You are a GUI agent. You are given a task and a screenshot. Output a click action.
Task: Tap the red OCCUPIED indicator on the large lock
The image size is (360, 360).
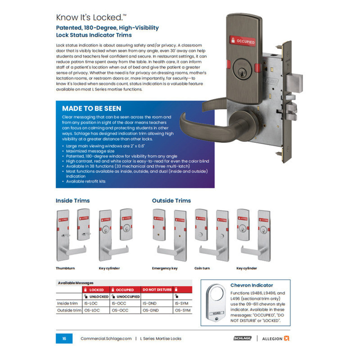[242, 41]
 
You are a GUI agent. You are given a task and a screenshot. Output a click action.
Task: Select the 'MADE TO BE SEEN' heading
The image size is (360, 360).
[92, 109]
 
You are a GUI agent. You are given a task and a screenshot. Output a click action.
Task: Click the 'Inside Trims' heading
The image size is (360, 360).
[73, 201]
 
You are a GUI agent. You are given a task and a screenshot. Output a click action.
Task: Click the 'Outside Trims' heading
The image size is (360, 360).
[171, 201]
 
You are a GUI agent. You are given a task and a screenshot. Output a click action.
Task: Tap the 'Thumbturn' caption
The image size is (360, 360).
[65, 268]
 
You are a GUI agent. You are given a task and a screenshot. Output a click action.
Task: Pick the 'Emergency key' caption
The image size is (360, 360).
[165, 268]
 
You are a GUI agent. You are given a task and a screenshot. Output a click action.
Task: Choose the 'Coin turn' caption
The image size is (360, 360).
[202, 268]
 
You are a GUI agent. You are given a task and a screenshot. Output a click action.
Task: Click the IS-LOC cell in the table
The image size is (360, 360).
[91, 303]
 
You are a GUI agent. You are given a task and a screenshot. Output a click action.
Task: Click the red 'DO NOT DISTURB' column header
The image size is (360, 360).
[157, 290]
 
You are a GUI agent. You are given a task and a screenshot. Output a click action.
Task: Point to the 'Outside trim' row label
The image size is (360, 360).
[69, 310]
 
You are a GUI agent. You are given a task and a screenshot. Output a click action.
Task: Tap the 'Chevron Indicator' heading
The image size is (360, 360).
[252, 285]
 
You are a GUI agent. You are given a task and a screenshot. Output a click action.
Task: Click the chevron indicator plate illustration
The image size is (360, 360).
[216, 303]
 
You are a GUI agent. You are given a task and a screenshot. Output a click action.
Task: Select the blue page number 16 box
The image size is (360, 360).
[64, 338]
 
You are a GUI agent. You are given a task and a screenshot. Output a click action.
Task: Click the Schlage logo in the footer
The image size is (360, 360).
[242, 338]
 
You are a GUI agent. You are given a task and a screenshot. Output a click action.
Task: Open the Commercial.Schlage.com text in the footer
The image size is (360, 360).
[106, 339]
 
